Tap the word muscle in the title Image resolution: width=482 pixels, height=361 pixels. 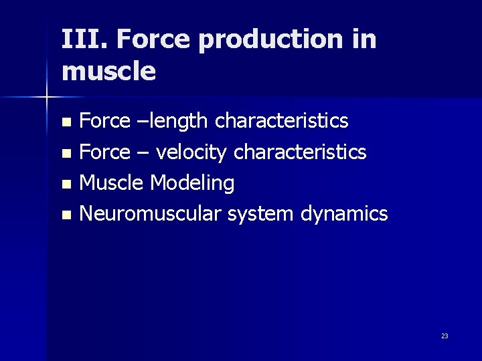pos(108,72)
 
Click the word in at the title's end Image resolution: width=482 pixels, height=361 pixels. pos(364,40)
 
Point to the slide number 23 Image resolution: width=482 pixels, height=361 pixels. pos(445,336)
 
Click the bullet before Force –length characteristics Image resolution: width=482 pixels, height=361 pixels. pos(65,122)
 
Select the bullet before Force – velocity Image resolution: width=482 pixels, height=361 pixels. pos(65,154)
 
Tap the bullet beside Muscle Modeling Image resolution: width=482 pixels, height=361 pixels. pos(65,185)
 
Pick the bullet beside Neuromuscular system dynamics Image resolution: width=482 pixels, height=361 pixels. pos(65,215)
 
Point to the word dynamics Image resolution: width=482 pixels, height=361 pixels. pos(344,215)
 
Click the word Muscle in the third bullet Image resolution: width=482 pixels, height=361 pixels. pos(112,183)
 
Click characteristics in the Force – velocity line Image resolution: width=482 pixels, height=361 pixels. pos(299,152)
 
